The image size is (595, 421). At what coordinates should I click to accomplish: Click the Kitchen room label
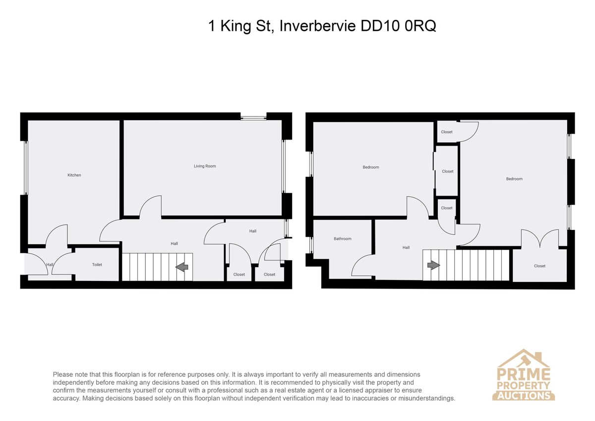click(74, 175)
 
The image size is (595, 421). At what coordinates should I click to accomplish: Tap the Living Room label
click(205, 166)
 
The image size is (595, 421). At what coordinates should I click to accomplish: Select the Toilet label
click(97, 265)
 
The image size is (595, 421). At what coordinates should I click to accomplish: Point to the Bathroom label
click(343, 239)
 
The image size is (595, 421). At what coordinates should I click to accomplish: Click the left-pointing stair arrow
click(182, 267)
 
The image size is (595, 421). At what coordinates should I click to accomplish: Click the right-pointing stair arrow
click(433, 265)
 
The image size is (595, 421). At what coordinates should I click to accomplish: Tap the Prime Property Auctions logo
click(523, 375)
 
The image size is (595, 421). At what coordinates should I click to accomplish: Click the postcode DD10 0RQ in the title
click(398, 26)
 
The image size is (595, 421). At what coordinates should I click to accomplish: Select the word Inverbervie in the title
click(317, 26)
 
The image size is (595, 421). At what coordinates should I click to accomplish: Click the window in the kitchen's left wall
click(26, 168)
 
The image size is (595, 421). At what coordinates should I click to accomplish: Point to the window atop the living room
click(253, 117)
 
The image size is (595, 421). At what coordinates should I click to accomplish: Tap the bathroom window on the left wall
click(311, 245)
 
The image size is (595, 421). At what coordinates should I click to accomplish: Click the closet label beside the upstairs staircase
click(539, 266)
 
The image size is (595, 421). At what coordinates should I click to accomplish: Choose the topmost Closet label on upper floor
click(447, 132)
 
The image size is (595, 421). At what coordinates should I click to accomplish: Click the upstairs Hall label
click(406, 248)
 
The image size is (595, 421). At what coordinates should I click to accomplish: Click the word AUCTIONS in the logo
click(524, 396)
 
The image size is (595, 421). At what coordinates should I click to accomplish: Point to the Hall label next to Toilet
click(50, 265)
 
